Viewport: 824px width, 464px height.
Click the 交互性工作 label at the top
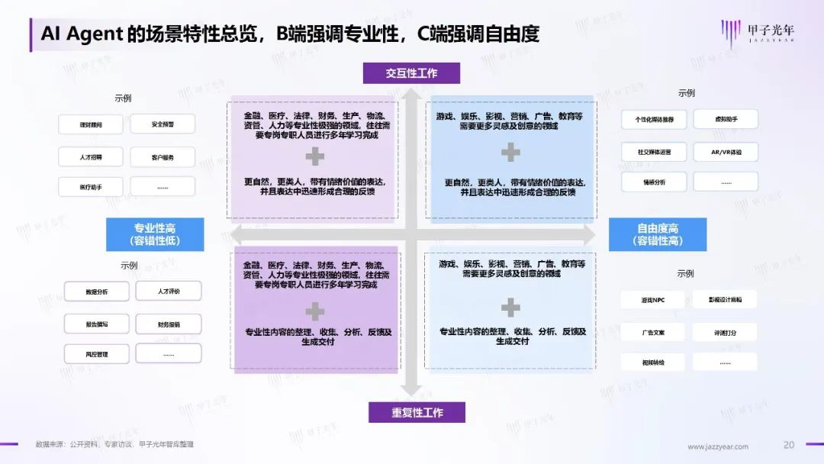click(411, 73)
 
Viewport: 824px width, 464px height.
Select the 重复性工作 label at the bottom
click(417, 413)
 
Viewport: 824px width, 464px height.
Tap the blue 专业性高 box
click(155, 234)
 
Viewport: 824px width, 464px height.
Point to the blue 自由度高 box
click(658, 234)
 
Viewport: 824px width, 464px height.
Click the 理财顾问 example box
click(90, 124)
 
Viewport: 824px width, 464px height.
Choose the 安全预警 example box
click(163, 124)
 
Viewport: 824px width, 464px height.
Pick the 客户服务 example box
click(163, 157)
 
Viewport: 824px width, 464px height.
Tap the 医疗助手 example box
click(90, 187)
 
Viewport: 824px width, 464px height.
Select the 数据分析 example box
click(97, 292)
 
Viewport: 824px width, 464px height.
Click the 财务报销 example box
click(169, 324)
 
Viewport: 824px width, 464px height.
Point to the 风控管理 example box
click(97, 354)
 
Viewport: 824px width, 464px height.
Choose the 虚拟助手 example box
click(725, 119)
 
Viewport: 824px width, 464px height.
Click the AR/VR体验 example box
click(726, 152)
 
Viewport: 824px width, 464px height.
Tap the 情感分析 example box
click(654, 182)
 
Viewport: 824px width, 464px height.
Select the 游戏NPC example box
click(653, 300)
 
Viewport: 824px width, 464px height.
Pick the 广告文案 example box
click(653, 332)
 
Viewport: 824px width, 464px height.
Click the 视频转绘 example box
click(653, 362)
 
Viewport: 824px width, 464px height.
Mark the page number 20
click(789, 445)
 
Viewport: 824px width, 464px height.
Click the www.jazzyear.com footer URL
click(718, 446)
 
